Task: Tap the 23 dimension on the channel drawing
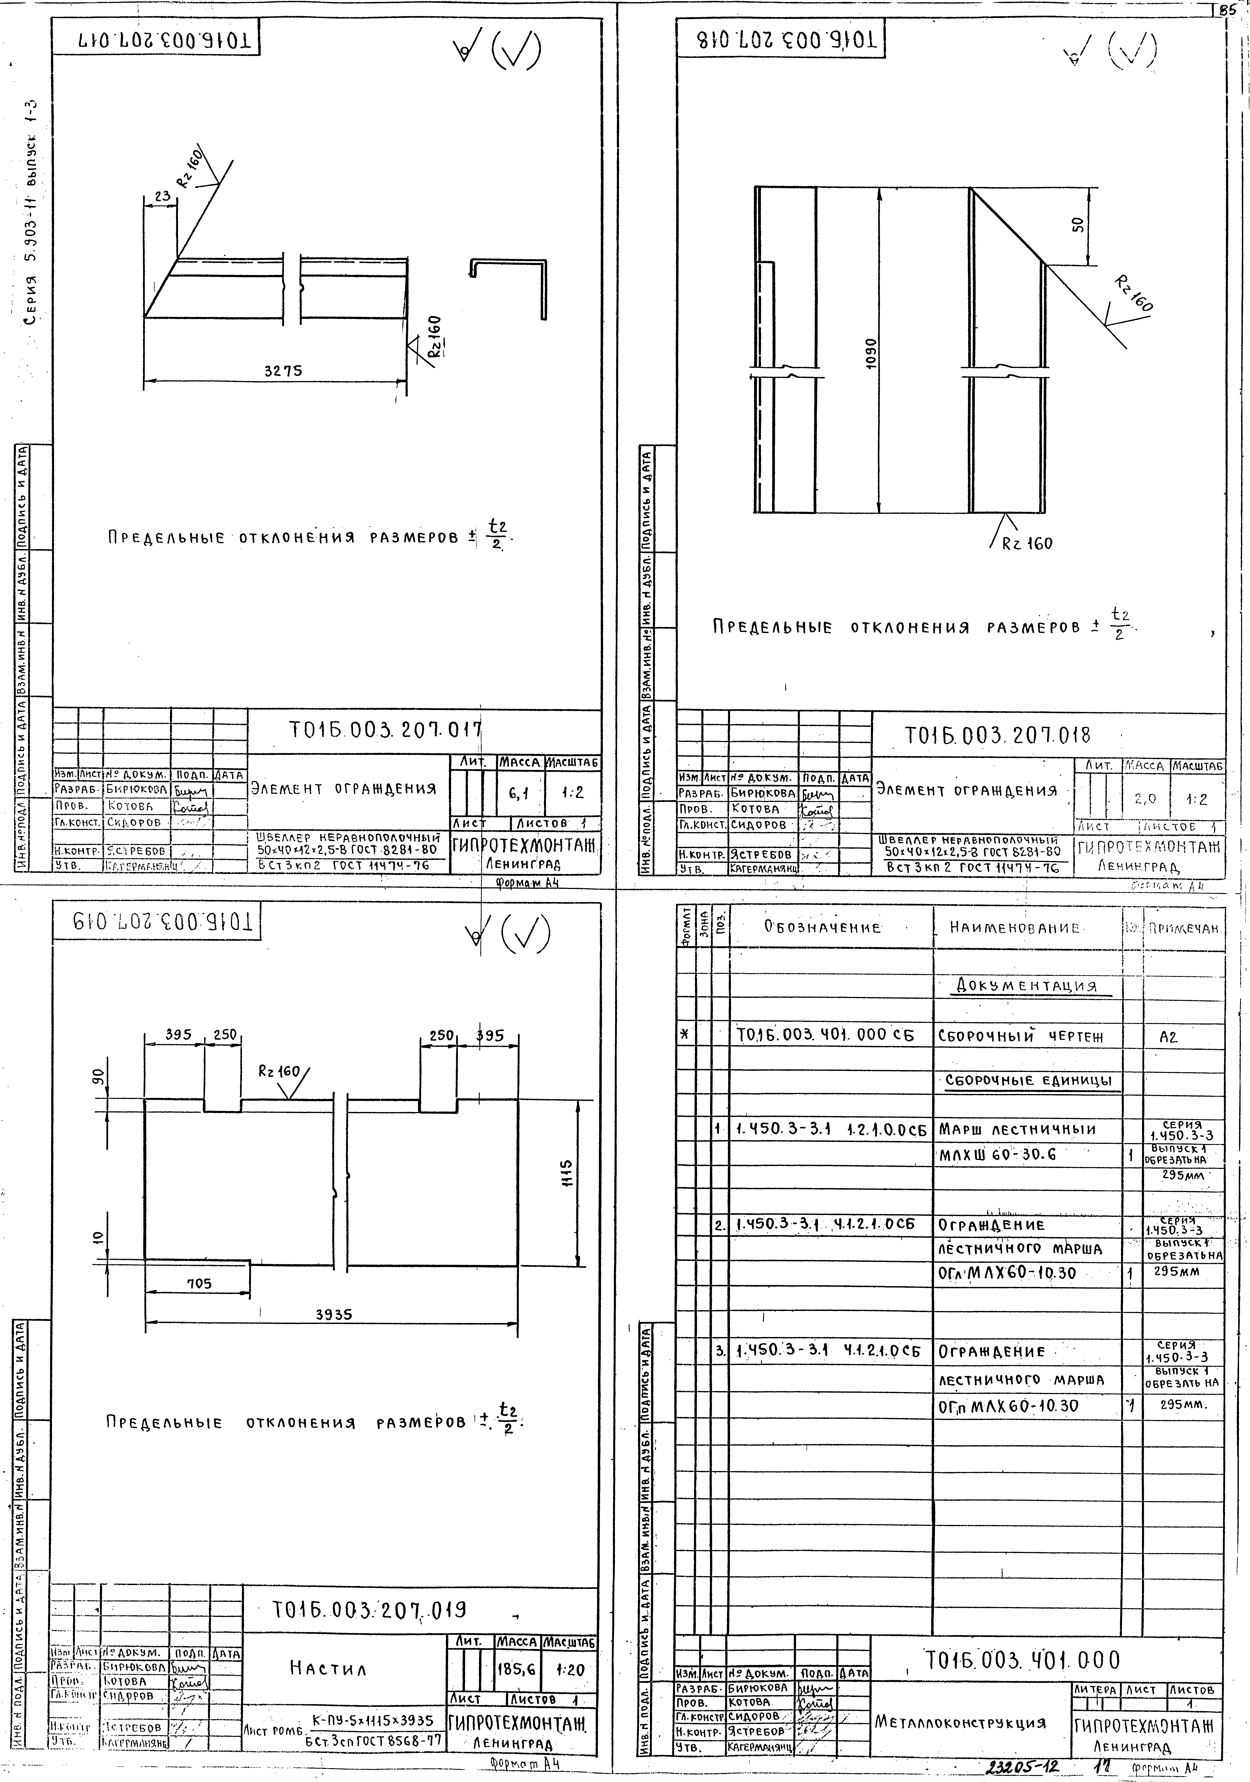162,197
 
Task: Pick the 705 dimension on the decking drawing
199,1284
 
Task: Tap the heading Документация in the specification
1027,987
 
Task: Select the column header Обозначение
822,927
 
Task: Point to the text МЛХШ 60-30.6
998,1155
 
